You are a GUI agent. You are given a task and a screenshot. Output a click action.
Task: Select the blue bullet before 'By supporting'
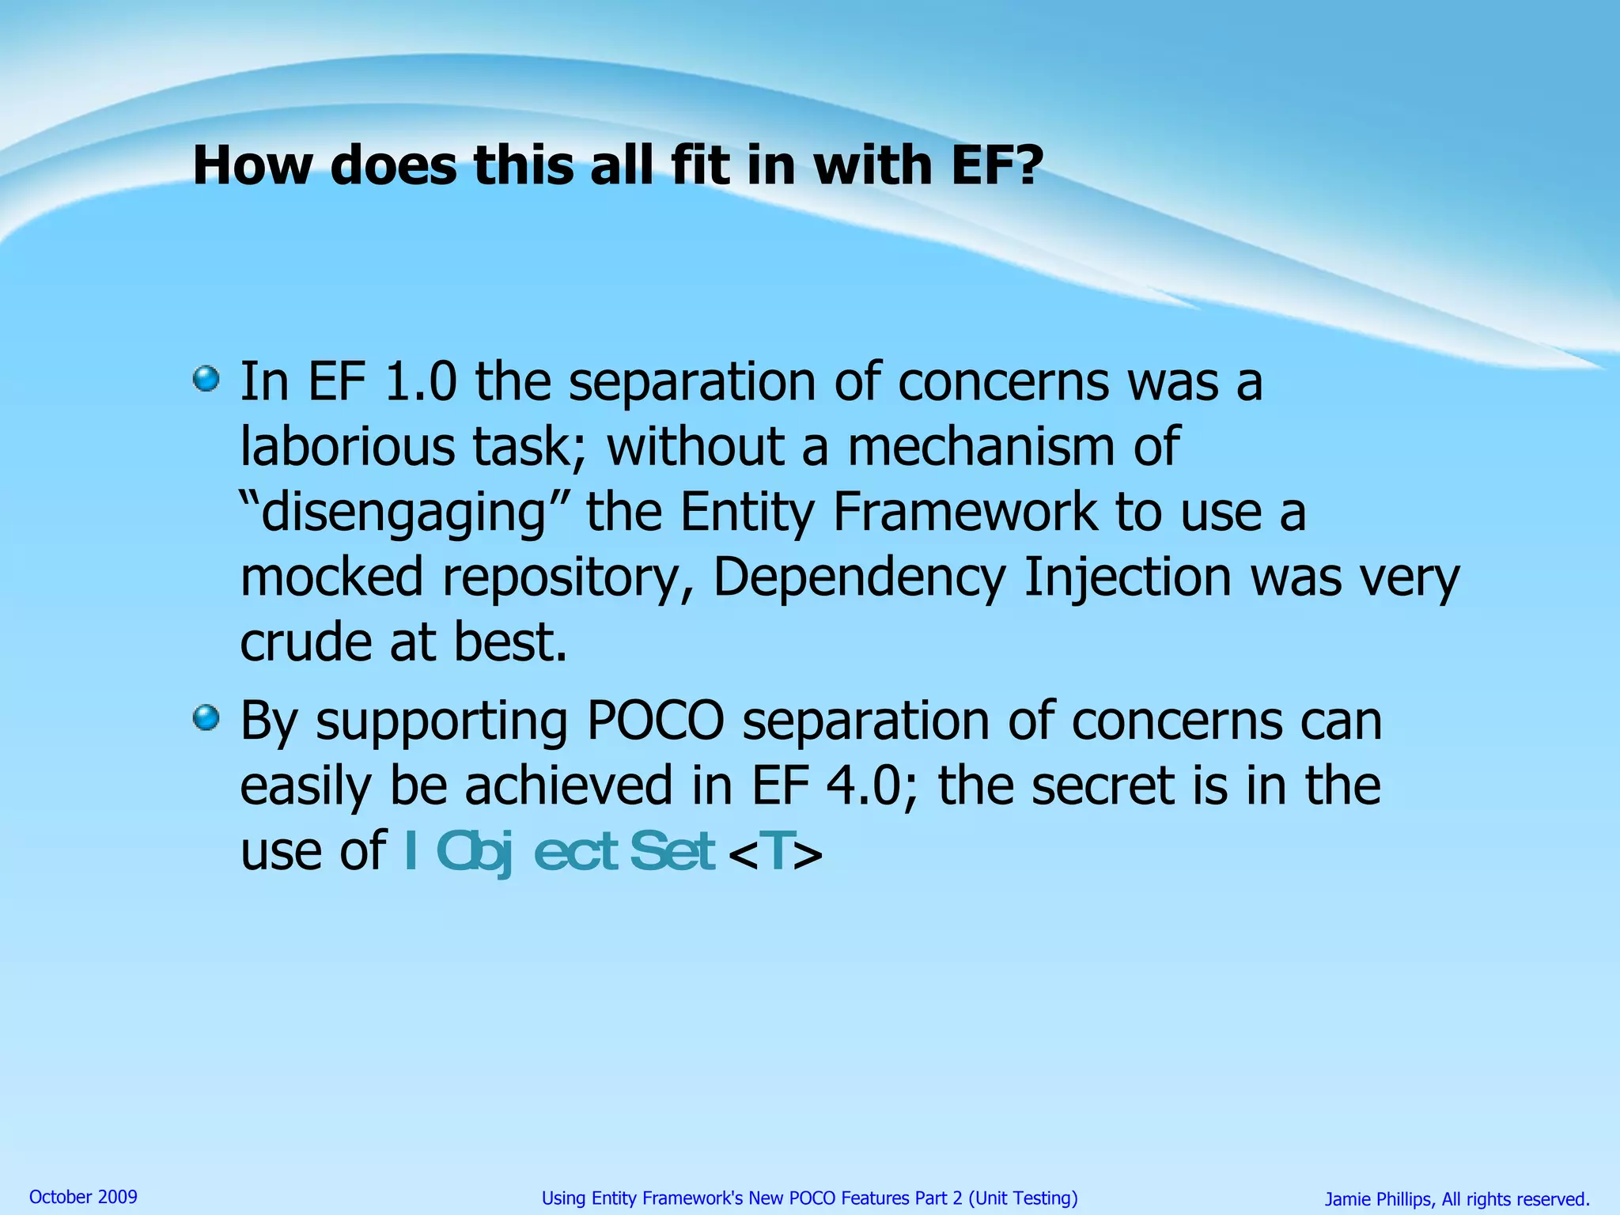(206, 718)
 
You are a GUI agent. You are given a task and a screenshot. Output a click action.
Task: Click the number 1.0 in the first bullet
(420, 382)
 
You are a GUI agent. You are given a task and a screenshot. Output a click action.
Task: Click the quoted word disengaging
(403, 513)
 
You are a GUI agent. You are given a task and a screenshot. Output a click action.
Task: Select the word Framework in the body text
(965, 512)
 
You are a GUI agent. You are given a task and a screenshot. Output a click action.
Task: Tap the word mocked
(331, 577)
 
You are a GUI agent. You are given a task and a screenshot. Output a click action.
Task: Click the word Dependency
(858, 578)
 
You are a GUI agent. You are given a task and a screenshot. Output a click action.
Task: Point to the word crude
(305, 642)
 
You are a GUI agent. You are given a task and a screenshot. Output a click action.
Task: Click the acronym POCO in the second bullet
(655, 721)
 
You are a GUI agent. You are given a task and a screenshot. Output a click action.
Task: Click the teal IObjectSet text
(559, 852)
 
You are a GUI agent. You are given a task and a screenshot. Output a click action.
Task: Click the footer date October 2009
(83, 1197)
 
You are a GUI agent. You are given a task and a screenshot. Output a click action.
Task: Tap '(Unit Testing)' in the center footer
(1023, 1198)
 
